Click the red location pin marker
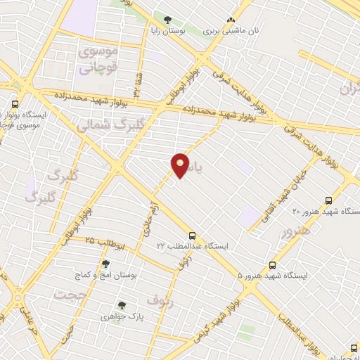(181, 165)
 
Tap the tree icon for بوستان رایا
(167, 20)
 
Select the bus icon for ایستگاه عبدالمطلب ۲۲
(192, 236)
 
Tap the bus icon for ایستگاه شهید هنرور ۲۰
(331, 200)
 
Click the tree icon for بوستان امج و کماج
(105, 264)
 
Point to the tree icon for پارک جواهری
(122, 305)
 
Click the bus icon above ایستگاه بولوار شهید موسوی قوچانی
(15, 103)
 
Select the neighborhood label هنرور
(296, 232)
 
